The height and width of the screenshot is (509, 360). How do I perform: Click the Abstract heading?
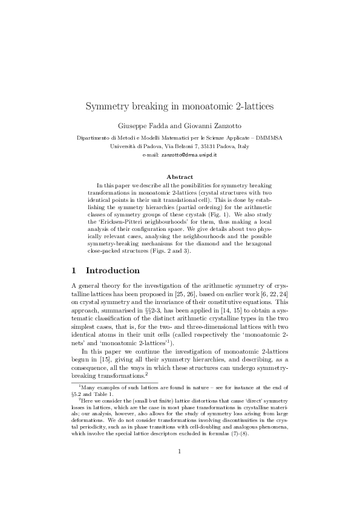[x=180, y=177]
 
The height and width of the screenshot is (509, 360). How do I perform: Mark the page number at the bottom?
[x=180, y=467]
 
